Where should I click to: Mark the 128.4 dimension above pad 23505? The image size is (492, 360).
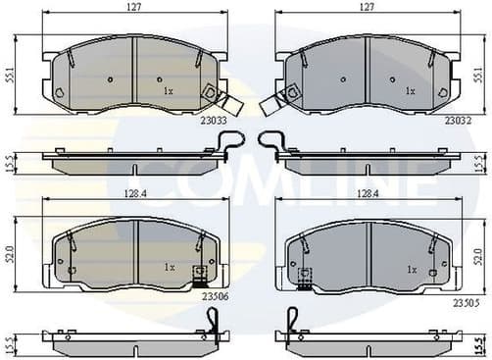click(369, 194)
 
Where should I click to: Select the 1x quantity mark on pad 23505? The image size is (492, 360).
click(411, 268)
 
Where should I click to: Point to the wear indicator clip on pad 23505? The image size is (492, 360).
click(305, 280)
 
